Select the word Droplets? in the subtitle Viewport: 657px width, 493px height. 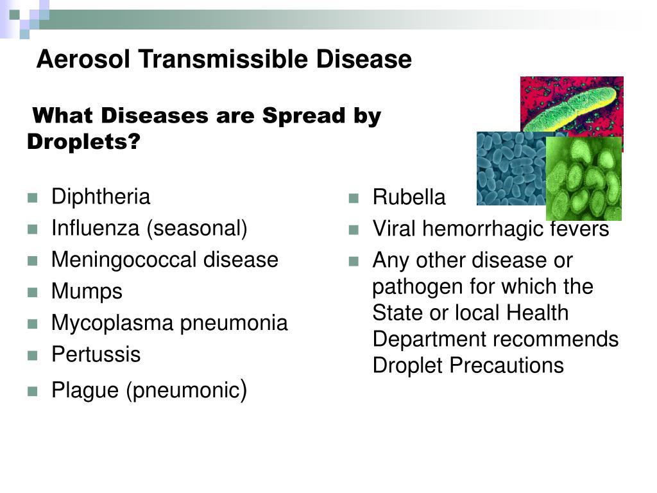point(84,142)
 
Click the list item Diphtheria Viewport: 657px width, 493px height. point(101,196)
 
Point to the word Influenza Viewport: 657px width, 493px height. point(95,228)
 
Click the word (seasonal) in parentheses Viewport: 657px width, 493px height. point(197,229)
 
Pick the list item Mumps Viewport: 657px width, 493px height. point(87,292)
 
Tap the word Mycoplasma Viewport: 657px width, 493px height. point(112,324)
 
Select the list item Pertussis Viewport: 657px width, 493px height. point(96,354)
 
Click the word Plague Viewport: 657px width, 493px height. point(85,391)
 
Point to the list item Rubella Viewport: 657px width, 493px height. point(409,197)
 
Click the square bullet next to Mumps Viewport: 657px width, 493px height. point(33,292)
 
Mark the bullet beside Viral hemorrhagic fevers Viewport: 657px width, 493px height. point(354,230)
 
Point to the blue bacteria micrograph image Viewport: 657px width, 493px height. point(511,169)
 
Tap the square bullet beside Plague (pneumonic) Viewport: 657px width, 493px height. point(33,392)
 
